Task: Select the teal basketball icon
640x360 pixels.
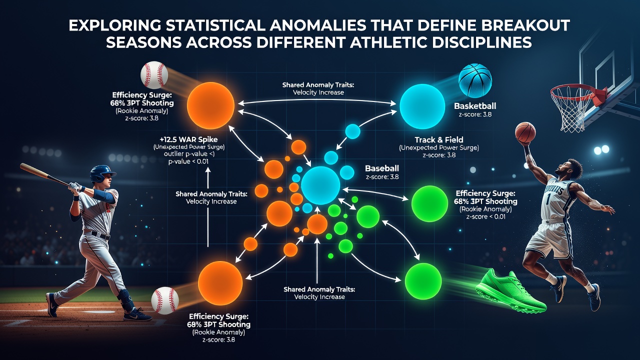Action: (x=475, y=80)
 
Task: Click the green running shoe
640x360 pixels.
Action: (x=509, y=291)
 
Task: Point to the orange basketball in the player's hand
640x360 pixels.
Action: (x=525, y=132)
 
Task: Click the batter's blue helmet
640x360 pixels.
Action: (x=102, y=173)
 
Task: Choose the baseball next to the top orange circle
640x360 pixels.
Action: (x=154, y=75)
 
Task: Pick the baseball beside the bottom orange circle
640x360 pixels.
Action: (x=165, y=300)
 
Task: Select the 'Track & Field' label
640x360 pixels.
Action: (x=439, y=139)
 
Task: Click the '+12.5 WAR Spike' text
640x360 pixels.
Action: (x=188, y=139)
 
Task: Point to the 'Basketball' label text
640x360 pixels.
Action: (x=475, y=106)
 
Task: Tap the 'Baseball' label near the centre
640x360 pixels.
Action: (x=382, y=168)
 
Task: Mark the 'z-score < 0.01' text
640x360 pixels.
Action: (x=485, y=216)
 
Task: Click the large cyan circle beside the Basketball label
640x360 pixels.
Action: (x=422, y=106)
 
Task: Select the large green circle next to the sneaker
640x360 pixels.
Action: (x=423, y=281)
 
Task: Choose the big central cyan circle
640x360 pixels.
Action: (x=320, y=185)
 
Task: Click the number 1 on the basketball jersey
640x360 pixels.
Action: (x=547, y=199)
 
